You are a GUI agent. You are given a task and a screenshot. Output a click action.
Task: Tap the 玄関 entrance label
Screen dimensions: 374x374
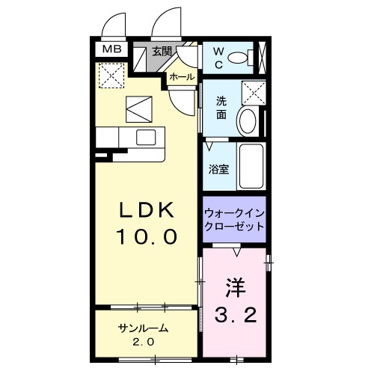(161, 52)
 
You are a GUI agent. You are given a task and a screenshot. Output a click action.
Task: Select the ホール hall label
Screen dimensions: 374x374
(182, 77)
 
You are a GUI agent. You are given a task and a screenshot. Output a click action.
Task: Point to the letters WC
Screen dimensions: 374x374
(217, 56)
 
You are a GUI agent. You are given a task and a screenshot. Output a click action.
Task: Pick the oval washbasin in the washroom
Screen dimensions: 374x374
(246, 121)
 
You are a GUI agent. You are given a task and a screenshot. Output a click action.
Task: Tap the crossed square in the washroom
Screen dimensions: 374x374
(256, 94)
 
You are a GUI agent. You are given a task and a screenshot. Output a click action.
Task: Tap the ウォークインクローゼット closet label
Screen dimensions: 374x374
(234, 219)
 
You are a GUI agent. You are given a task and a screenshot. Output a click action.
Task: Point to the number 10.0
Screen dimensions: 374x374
(147, 237)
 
